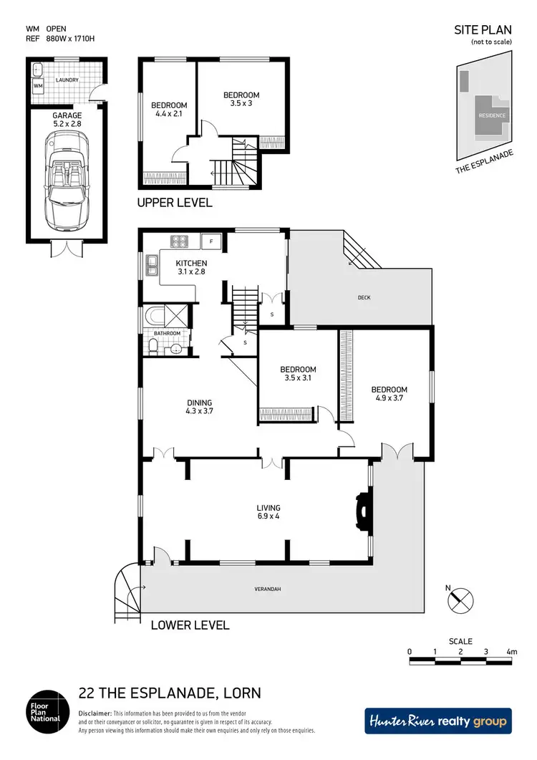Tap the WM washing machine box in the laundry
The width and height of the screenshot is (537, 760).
pyautogui.click(x=37, y=87)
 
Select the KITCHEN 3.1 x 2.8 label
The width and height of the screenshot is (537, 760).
pyautogui.click(x=191, y=268)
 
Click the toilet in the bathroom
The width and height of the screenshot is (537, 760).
pyautogui.click(x=153, y=347)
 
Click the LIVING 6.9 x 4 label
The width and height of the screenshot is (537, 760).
pyautogui.click(x=268, y=513)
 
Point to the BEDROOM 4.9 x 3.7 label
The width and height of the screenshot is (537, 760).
pyautogui.click(x=389, y=394)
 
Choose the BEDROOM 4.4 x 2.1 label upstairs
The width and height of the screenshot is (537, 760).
pyautogui.click(x=169, y=110)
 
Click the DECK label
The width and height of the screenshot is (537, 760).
pyautogui.click(x=364, y=298)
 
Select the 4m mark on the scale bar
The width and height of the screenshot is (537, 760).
pyautogui.click(x=511, y=652)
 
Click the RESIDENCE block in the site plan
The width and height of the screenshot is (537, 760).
pyautogui.click(x=492, y=115)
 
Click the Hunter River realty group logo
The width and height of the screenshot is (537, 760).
pyautogui.click(x=438, y=721)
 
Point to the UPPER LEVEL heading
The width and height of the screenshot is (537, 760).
pyautogui.click(x=175, y=203)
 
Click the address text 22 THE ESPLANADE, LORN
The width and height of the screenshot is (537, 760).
pyautogui.click(x=169, y=693)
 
